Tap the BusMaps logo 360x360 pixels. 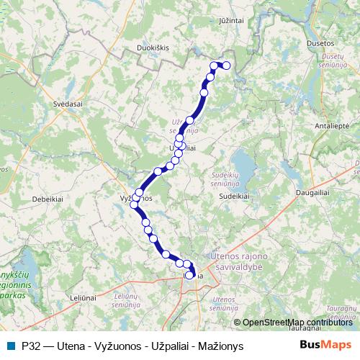coord(325,346)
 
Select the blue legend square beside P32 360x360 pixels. coord(10,346)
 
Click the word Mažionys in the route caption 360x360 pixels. coord(221,346)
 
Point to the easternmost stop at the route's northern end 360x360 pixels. coord(226,66)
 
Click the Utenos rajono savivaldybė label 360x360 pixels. coord(238,261)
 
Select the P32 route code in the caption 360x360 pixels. coord(32,346)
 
